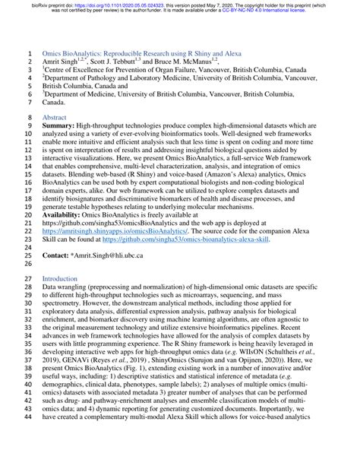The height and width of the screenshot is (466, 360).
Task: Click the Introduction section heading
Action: (60, 279)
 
